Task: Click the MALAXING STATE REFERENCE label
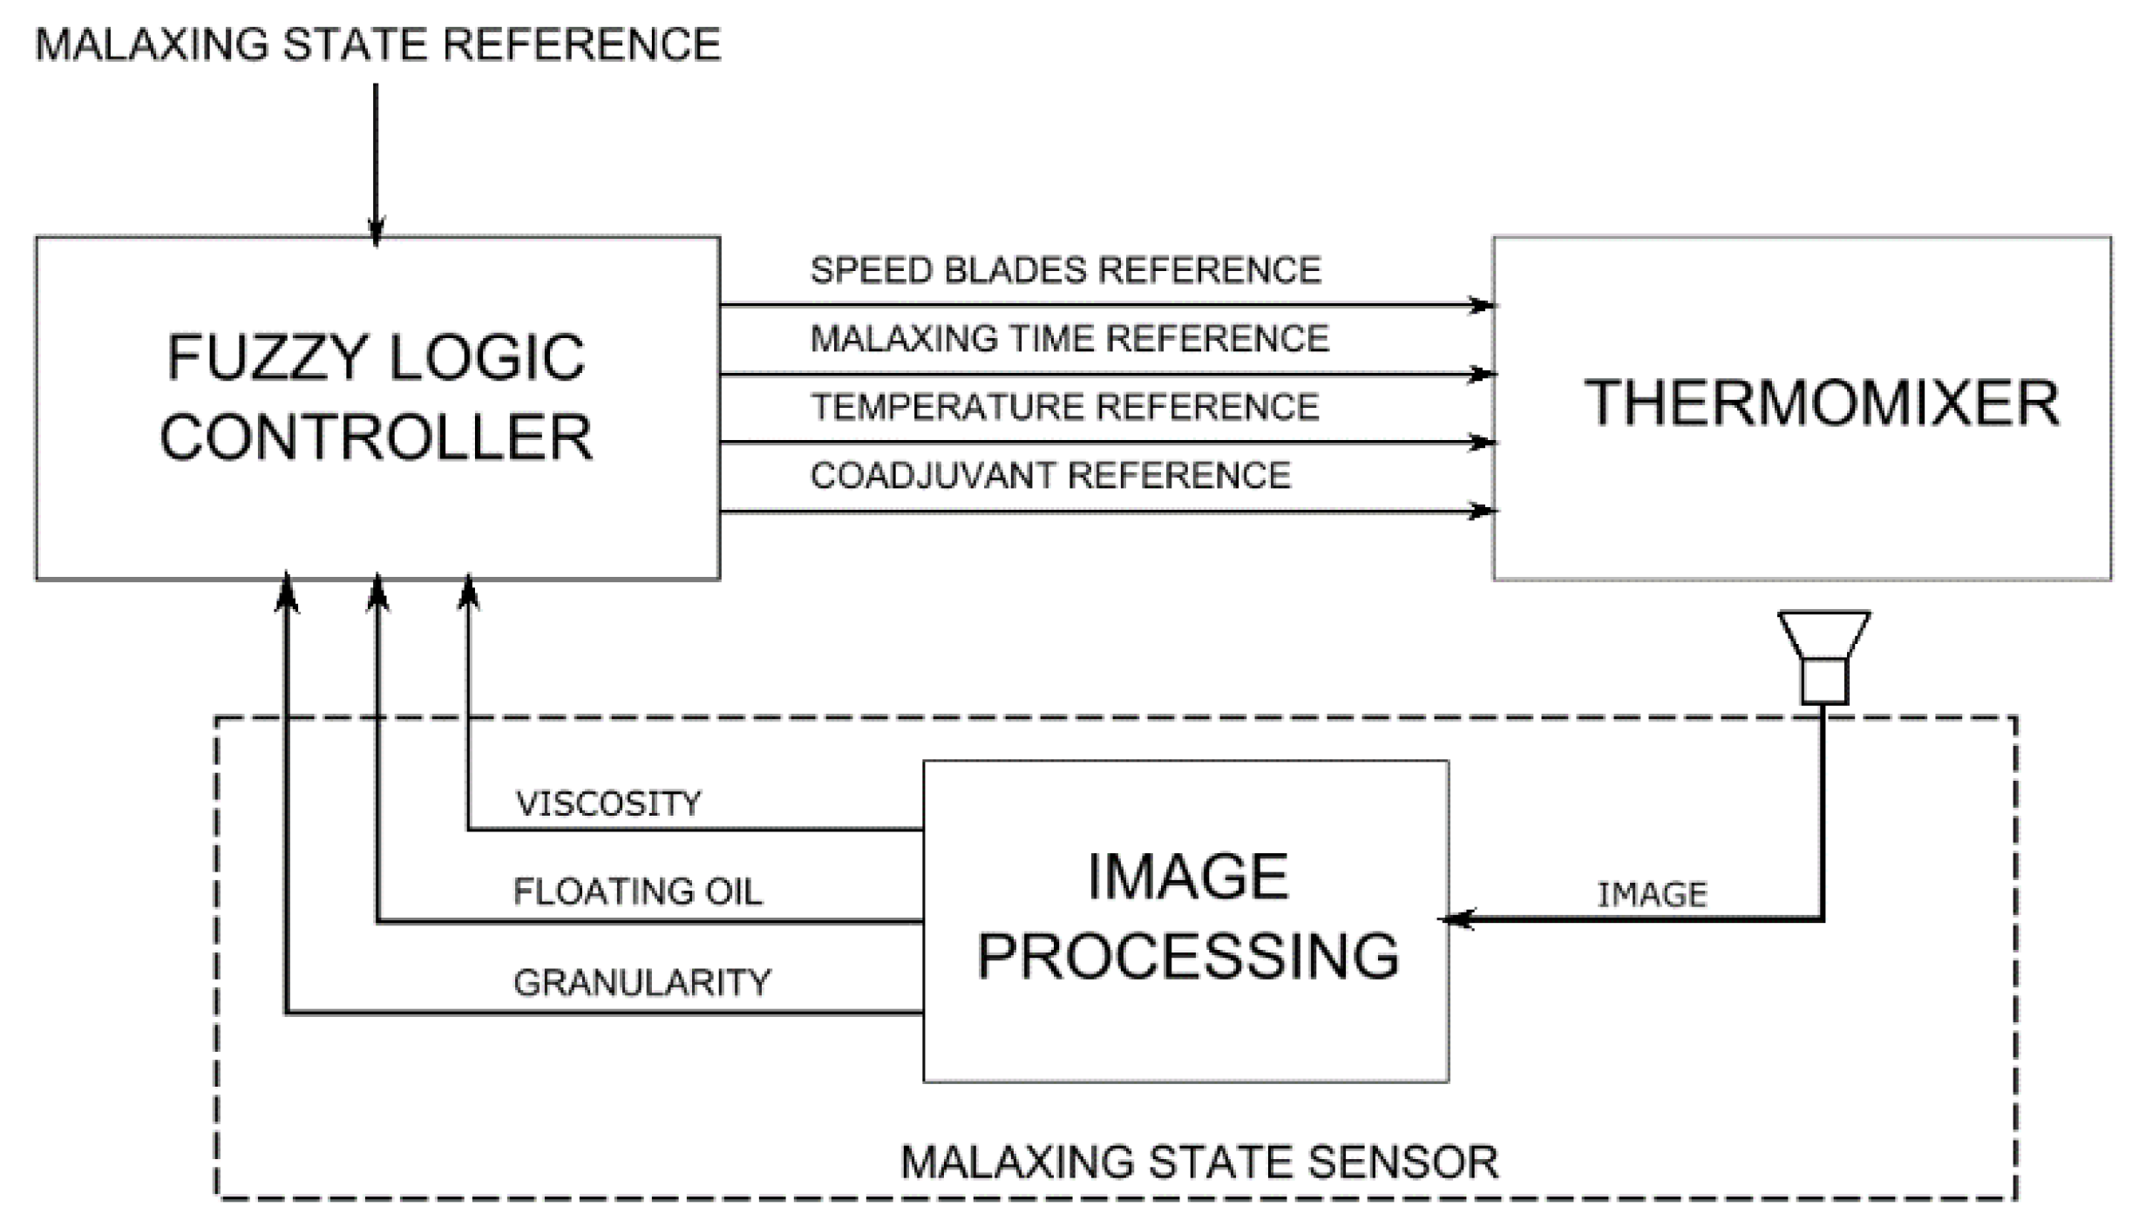tap(377, 44)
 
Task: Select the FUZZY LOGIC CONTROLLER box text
tap(377, 397)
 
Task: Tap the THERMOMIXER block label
tap(1822, 403)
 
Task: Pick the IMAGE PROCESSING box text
tap(1187, 917)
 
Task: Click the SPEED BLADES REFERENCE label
tap(1065, 270)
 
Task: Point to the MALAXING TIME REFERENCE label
tap(1069, 338)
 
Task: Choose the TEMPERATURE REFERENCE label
tap(1064, 407)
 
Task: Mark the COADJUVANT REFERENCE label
tap(1050, 476)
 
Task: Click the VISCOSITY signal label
tap(608, 803)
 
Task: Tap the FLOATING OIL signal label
tap(637, 891)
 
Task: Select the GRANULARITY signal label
tap(642, 983)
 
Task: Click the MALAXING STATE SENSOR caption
tap(1199, 1163)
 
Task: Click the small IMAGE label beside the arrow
tap(1652, 895)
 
